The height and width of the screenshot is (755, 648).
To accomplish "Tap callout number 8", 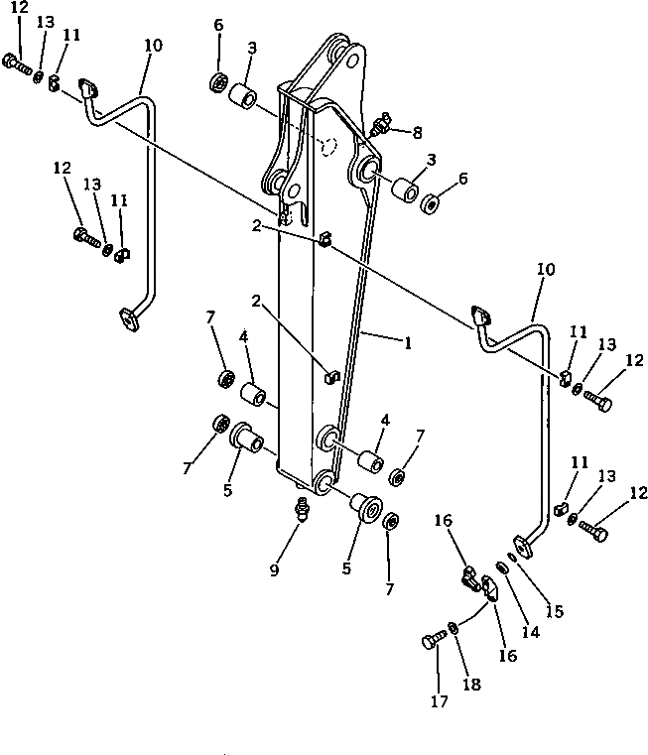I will (x=418, y=132).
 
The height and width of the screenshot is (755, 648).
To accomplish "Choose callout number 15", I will (x=555, y=612).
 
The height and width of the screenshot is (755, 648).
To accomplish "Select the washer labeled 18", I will (x=454, y=627).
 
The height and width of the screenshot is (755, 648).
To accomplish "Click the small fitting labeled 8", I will (x=380, y=128).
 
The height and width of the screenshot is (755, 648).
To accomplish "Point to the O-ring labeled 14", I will (x=503, y=567).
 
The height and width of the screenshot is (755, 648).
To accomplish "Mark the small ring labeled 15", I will (x=513, y=555).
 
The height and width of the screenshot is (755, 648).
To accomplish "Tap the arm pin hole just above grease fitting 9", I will (x=323, y=483).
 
